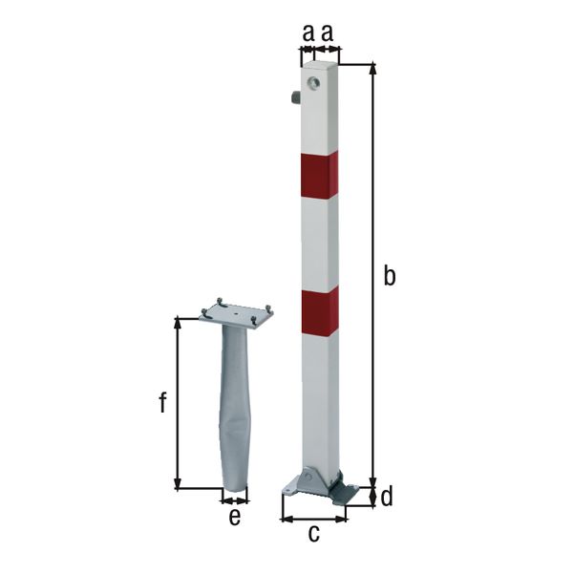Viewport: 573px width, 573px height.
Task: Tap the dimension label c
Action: click(x=314, y=533)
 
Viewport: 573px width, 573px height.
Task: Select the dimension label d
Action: click(x=387, y=497)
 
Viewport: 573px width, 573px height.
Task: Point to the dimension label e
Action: click(x=235, y=517)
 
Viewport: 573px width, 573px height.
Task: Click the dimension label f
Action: click(x=163, y=402)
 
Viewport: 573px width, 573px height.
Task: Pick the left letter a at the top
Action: click(x=308, y=32)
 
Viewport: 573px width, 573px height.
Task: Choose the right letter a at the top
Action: click(x=327, y=32)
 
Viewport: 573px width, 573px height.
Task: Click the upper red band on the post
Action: click(x=319, y=176)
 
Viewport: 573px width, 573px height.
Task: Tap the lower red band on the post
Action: click(x=320, y=312)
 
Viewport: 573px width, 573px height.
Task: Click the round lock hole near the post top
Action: click(x=313, y=83)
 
